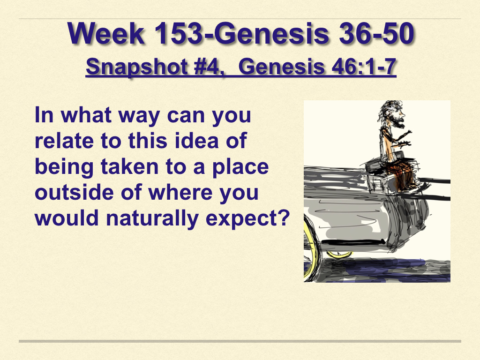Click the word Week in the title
tap(106, 33)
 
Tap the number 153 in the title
tap(178, 33)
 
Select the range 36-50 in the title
tap(376, 33)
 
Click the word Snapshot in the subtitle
tap(137, 67)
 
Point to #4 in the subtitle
tap(207, 67)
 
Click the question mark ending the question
tap(284, 218)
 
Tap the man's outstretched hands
tap(405, 138)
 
